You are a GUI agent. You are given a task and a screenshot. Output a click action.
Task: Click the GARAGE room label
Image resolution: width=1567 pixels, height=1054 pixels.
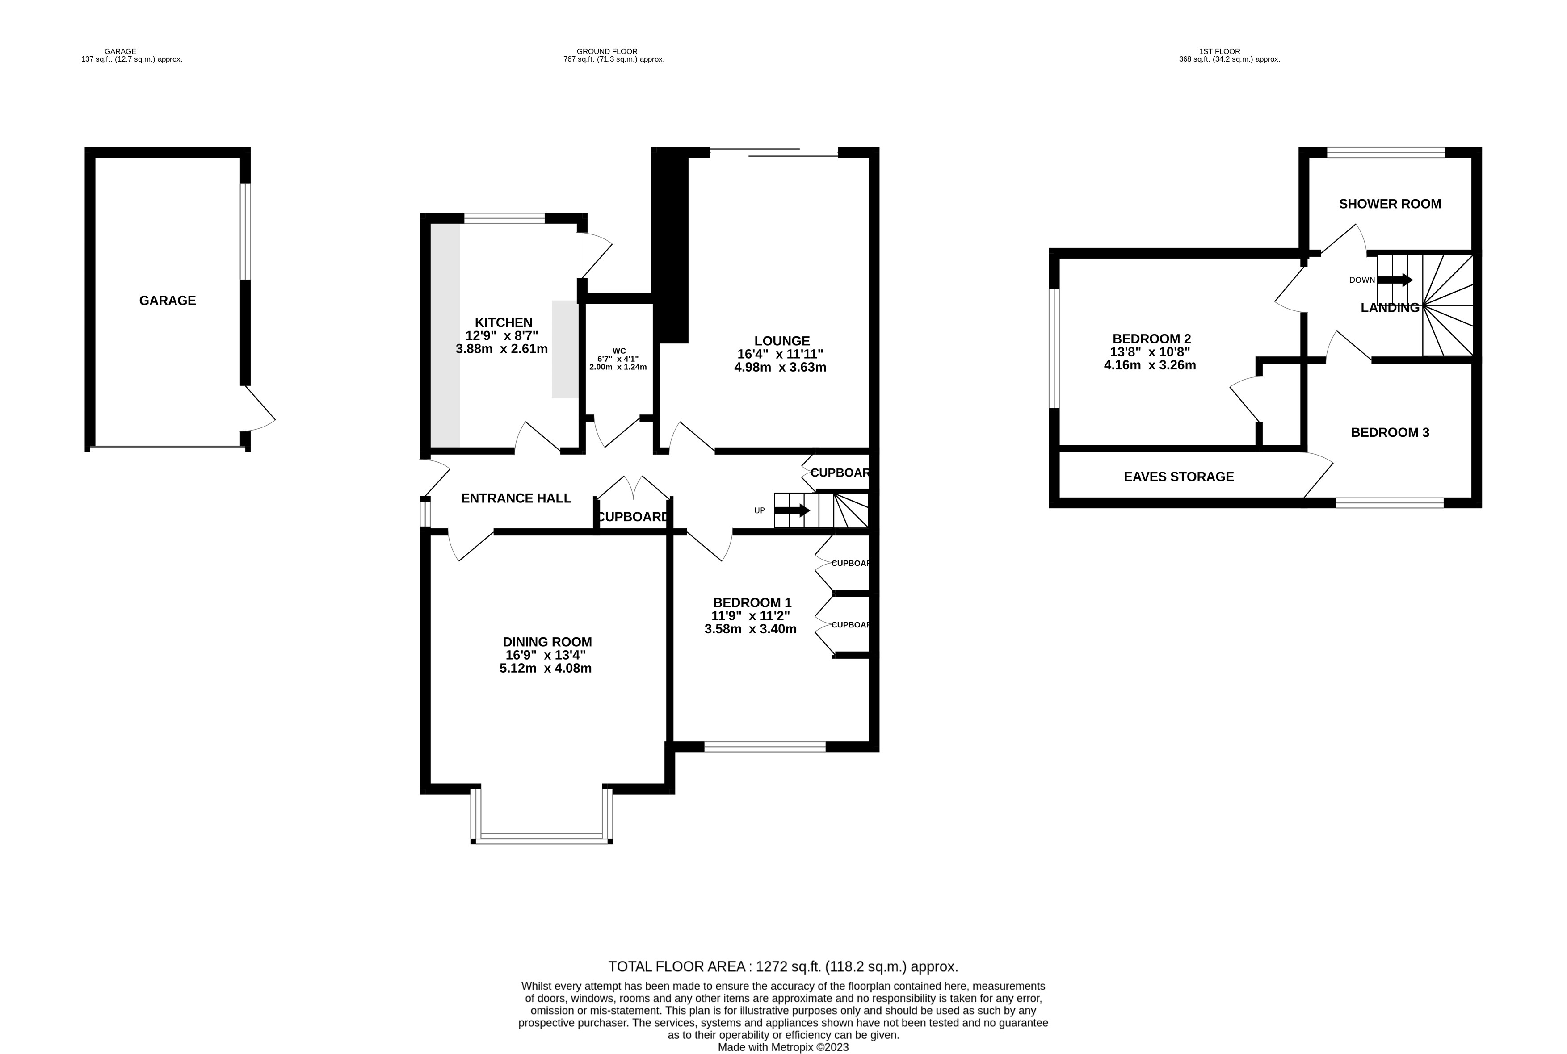pos(168,301)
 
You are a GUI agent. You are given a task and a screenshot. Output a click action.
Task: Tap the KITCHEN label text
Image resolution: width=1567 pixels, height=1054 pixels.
pos(503,322)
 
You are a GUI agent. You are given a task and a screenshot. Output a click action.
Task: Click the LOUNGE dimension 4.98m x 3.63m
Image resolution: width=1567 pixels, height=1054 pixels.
pos(780,368)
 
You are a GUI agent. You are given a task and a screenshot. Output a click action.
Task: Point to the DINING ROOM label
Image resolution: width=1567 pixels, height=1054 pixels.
pos(547,642)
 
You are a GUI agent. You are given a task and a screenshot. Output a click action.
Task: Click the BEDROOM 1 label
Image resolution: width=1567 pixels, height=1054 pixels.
pos(752,603)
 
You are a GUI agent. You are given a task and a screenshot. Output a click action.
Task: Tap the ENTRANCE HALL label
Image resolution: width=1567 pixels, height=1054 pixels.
pos(516,498)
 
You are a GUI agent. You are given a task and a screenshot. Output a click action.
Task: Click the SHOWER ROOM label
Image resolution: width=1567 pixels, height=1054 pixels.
pos(1390,204)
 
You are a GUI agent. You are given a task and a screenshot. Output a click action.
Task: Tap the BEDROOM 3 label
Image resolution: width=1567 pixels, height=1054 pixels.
pos(1390,432)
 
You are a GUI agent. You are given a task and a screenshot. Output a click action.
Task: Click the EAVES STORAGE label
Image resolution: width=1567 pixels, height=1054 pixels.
pos(1178,477)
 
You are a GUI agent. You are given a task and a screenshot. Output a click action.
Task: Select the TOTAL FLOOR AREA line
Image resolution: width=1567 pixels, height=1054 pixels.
pos(783,966)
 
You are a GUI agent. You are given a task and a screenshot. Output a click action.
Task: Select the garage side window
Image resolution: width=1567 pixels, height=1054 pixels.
pos(245,231)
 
